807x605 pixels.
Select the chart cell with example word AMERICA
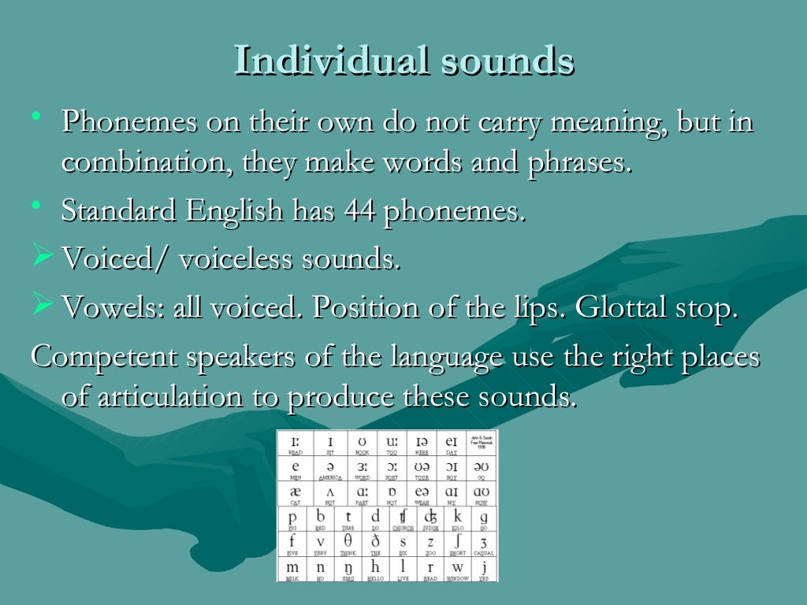[330, 470]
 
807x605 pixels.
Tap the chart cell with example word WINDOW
[457, 569]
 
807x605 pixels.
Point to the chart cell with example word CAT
[295, 494]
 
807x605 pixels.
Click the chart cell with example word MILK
[292, 569]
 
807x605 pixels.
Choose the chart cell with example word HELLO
[375, 569]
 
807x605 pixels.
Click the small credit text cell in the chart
[481, 444]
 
